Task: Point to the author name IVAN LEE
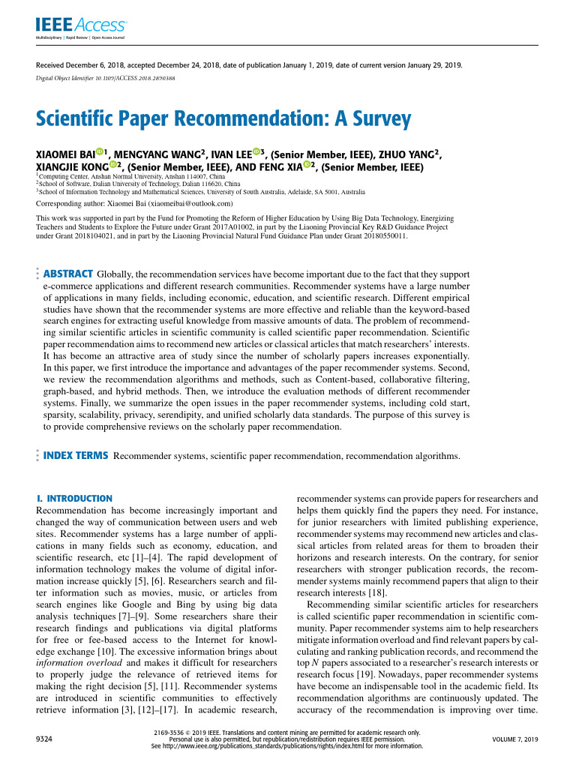[x=229, y=155]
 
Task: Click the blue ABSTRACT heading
[x=68, y=274]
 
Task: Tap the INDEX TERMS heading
[x=76, y=455]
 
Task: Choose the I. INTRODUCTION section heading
[x=74, y=499]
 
